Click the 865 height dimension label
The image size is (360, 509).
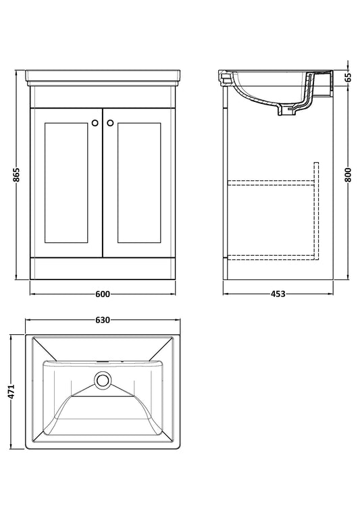pos(17,175)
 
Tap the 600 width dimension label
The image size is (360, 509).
pos(103,294)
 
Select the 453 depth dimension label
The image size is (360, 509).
pos(278,294)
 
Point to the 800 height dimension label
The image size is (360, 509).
pos(349,175)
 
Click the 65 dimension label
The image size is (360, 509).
pos(349,77)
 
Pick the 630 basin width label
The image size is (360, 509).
pos(103,320)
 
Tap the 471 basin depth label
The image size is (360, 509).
pos(11,392)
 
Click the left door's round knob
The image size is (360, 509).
pos(95,123)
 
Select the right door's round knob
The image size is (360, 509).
pos(110,123)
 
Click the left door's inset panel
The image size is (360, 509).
pos(66,183)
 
